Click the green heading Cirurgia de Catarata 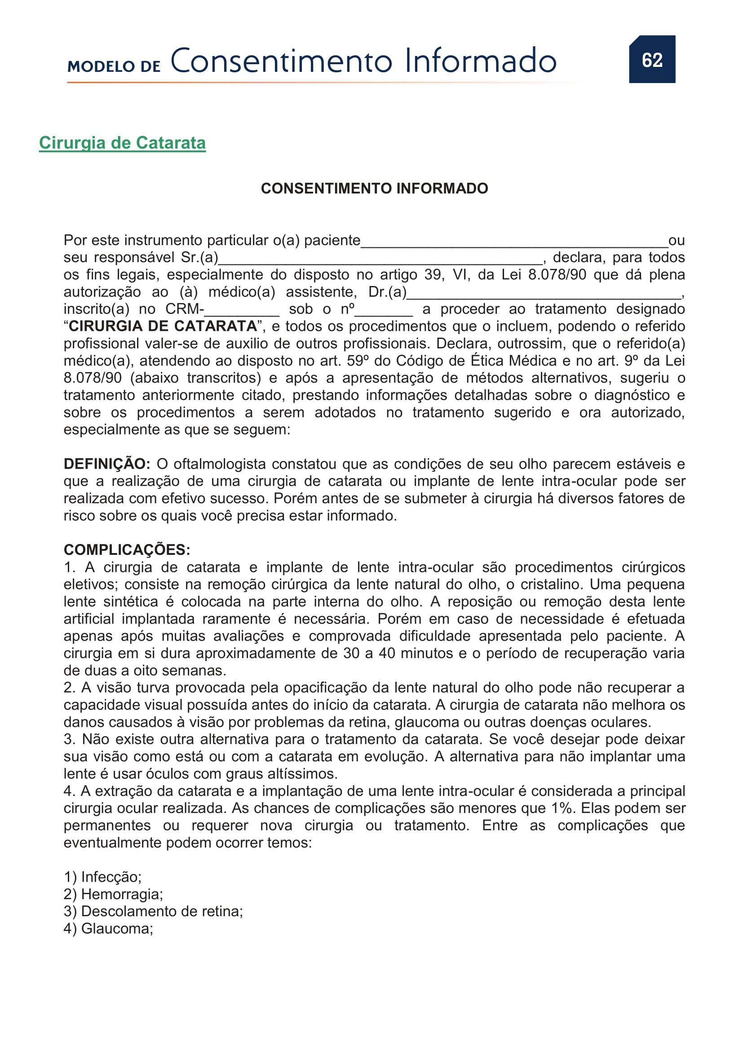[122, 143]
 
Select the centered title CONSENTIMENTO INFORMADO [374, 189]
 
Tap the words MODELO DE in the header [114, 66]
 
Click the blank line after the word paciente [514, 242]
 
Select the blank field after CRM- [242, 312]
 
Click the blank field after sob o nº [383, 312]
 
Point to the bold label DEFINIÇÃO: [107, 464]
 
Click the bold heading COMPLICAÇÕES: [127, 550]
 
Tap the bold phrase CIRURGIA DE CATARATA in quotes [163, 326]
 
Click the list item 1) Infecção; [103, 877]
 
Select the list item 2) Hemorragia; [114, 894]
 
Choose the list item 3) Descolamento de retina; [153, 911]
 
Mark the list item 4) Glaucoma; [108, 929]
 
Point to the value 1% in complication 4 [562, 808]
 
